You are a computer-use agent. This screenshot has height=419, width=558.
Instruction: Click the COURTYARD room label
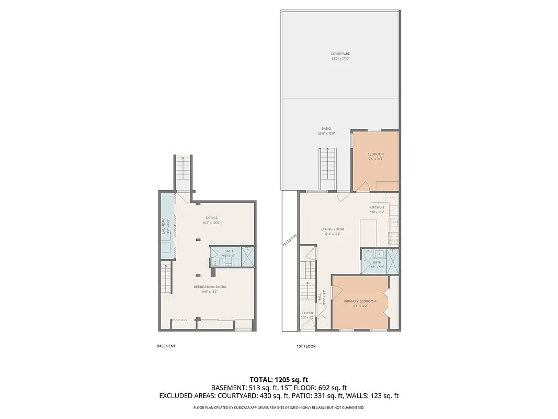[x=340, y=54]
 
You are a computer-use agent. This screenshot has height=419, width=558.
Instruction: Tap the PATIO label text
[x=326, y=129]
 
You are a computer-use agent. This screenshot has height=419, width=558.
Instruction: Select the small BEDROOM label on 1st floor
[x=375, y=154]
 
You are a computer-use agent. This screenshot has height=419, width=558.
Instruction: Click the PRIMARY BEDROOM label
[x=360, y=301]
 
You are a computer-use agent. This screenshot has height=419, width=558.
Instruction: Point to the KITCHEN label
[x=377, y=207]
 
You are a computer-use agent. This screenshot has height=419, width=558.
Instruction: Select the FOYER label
[x=308, y=313]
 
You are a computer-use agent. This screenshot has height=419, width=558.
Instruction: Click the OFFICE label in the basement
[x=211, y=218]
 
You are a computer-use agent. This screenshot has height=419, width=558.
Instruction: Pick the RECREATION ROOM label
[x=210, y=287]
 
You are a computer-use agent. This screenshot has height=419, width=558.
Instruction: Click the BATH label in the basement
[x=229, y=251]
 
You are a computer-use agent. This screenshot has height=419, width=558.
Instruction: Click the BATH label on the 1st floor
[x=377, y=262]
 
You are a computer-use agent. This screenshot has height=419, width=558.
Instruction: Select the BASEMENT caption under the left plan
[x=166, y=346]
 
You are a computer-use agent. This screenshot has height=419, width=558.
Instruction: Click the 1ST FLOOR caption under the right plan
[x=306, y=346]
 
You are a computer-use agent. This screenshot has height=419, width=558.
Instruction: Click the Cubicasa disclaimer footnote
[x=279, y=407]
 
